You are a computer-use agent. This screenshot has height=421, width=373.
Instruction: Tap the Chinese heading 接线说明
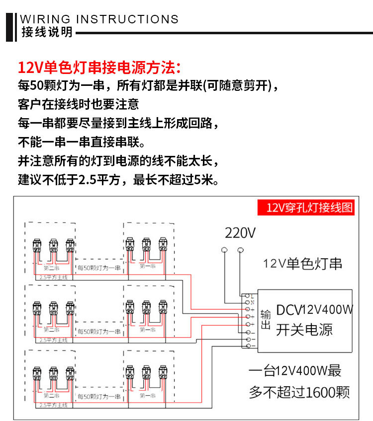[x=47, y=32]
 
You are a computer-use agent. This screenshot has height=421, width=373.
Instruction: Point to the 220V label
[x=240, y=233]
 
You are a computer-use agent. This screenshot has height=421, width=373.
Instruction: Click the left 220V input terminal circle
[x=225, y=249]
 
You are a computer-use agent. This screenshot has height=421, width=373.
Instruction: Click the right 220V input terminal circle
[x=241, y=249]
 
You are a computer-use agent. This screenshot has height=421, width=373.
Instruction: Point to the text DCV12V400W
[x=314, y=310]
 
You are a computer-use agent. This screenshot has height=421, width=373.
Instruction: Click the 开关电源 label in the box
[x=304, y=329]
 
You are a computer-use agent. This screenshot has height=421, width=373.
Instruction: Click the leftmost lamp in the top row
[x=37, y=245]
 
